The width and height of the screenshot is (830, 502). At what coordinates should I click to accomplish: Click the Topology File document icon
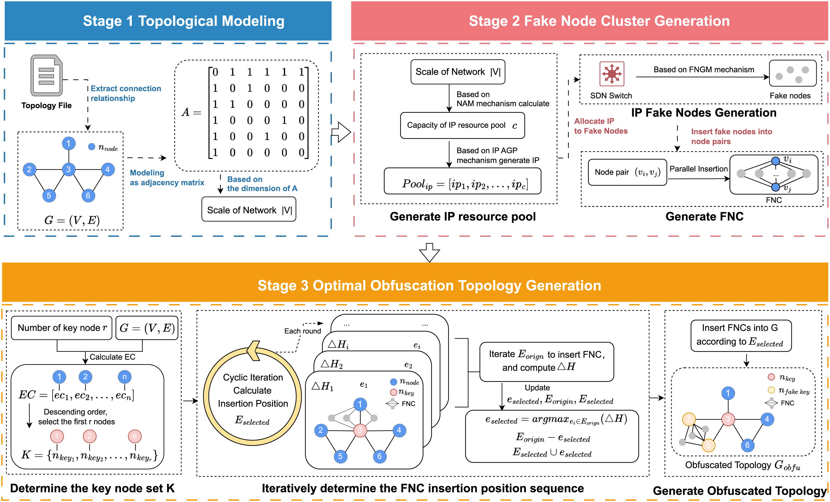pos(46,75)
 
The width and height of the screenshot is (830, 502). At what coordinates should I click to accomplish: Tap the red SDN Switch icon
pos(611,74)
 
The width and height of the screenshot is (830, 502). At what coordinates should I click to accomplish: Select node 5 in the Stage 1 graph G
pos(49,196)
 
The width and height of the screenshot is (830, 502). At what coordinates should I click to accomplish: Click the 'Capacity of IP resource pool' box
pos(462,126)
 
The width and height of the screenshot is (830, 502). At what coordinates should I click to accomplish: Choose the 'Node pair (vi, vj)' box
pos(627,172)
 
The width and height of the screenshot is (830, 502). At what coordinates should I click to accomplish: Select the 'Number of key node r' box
pos(62,328)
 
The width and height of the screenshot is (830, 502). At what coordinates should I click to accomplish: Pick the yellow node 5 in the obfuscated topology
pos(708,445)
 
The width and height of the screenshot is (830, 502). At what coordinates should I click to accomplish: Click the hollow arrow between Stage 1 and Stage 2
pos(341,132)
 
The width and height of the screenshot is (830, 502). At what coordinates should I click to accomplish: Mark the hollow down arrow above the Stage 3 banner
pos(429,252)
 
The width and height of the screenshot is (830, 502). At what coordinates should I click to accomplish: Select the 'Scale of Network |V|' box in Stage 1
pos(249,210)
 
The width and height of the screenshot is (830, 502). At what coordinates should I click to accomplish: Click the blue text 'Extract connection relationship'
pos(125,93)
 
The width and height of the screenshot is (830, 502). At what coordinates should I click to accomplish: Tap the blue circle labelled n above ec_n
pos(125,377)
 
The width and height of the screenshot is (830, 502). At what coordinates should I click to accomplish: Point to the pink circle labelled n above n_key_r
pos(135,436)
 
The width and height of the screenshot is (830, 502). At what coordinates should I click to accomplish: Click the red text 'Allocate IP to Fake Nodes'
pos(600,126)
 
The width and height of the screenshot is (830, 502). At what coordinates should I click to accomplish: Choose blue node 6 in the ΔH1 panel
pos(379,456)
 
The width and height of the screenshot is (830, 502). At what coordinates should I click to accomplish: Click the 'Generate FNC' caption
pos(704,216)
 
